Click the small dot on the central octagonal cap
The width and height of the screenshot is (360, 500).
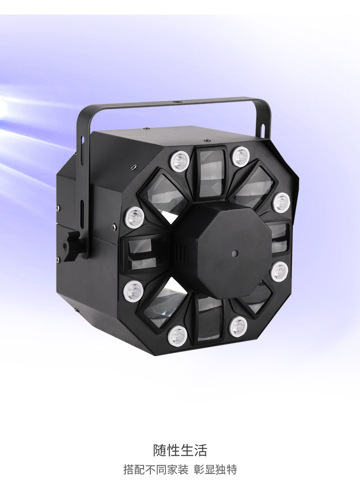[234, 253]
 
